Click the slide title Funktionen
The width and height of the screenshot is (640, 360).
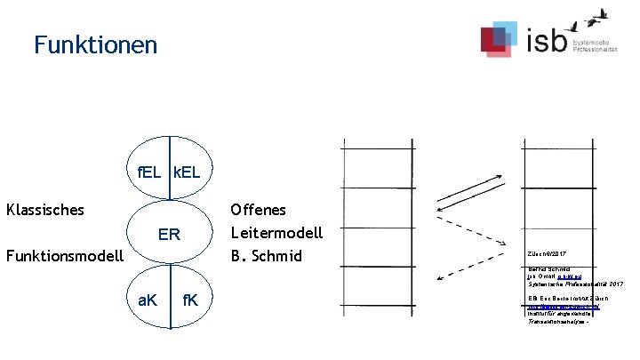point(95,44)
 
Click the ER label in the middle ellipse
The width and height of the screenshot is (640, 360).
point(169,236)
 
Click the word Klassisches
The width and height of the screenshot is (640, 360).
point(45,211)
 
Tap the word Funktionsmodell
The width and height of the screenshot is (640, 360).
point(64,257)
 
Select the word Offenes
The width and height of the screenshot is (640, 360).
point(258,211)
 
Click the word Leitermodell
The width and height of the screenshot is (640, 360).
point(276,234)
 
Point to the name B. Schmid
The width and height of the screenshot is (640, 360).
point(266,257)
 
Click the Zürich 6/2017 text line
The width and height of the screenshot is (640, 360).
point(546,253)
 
